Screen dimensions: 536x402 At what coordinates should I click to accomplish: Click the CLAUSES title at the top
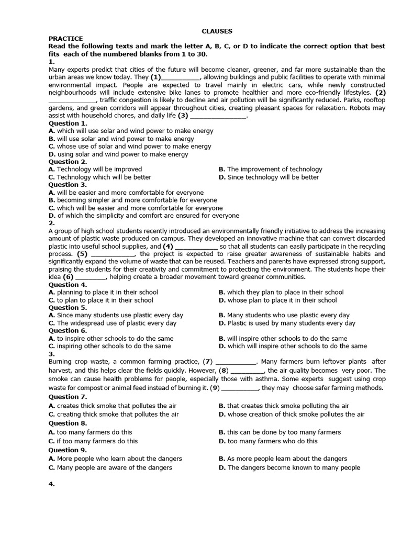point(217,31)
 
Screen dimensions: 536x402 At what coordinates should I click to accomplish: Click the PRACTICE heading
point(65,39)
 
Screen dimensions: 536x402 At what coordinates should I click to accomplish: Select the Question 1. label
point(68,124)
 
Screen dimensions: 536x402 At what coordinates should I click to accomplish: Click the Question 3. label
point(68,185)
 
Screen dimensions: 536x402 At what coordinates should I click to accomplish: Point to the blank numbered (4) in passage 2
point(196,247)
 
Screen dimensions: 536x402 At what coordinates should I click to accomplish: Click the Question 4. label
point(68,285)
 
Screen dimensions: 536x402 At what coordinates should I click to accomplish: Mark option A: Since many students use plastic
point(116,315)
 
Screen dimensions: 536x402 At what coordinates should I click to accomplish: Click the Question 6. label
point(68,331)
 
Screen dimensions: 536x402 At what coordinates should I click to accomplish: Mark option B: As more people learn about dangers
point(283,459)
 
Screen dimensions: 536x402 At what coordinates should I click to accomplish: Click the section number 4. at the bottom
point(52,485)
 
